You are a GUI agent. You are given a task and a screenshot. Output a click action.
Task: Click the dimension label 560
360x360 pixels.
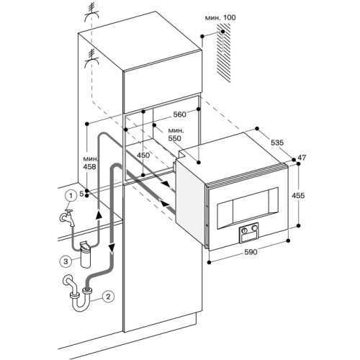pyautogui.click(x=181, y=114)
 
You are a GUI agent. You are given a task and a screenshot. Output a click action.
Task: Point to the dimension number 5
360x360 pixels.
pyautogui.click(x=84, y=194)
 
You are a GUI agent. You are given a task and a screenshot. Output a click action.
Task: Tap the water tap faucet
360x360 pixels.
pyautogui.click(x=64, y=217)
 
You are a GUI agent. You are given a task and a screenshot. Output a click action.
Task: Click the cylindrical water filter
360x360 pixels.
pyautogui.click(x=89, y=254)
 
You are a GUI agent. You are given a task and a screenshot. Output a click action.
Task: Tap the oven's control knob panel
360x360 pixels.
pyautogui.click(x=250, y=234)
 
